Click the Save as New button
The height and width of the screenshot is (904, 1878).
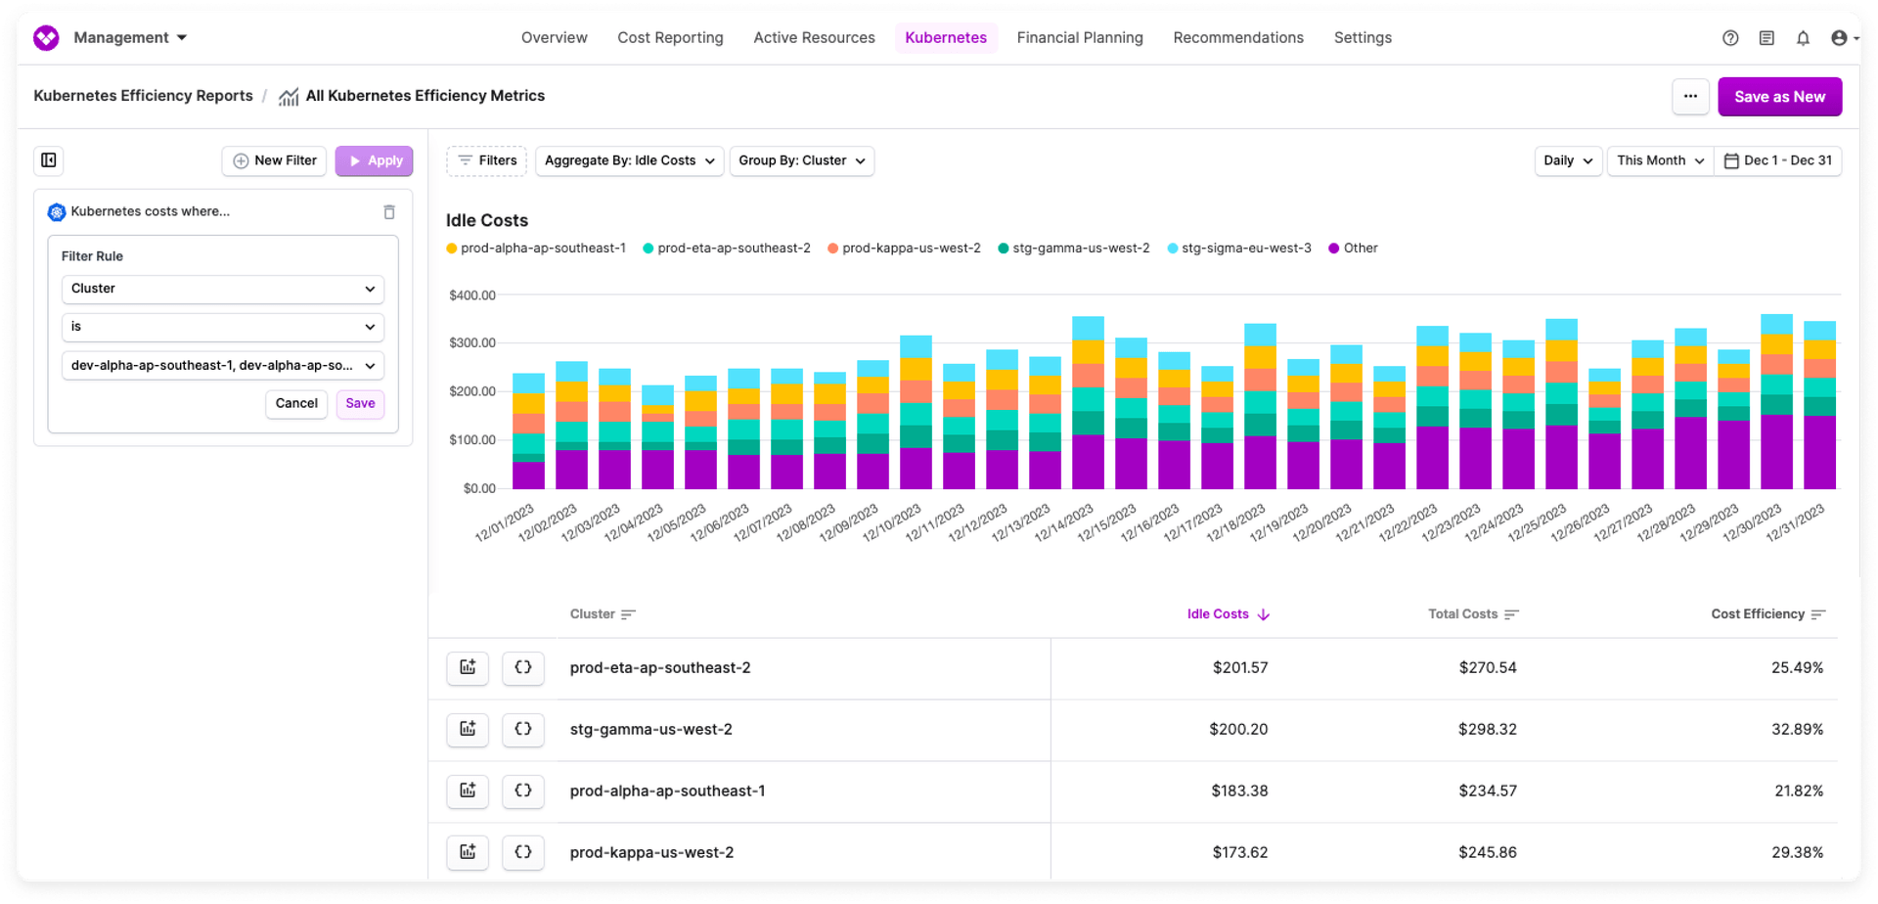(1778, 97)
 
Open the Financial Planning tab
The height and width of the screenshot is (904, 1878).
(1079, 38)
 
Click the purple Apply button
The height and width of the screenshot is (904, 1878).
(374, 161)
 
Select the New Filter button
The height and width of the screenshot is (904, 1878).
(275, 161)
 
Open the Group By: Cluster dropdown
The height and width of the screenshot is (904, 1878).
(801, 161)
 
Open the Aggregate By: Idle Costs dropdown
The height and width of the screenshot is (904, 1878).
(629, 161)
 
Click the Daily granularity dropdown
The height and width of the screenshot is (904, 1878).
(1567, 161)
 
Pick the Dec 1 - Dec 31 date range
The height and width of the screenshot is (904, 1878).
(1777, 161)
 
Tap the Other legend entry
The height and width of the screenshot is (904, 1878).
(1359, 249)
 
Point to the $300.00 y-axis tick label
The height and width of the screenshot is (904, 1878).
(472, 343)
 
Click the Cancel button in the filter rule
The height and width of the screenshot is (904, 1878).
(296, 404)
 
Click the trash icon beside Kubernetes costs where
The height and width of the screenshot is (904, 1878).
(389, 212)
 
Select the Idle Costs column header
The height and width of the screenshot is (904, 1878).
(1218, 614)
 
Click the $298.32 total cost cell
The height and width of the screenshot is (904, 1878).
(1487, 730)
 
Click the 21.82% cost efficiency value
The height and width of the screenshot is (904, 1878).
(1798, 791)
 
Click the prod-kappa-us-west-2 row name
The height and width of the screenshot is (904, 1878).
(651, 853)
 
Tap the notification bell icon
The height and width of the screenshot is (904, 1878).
(1803, 38)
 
